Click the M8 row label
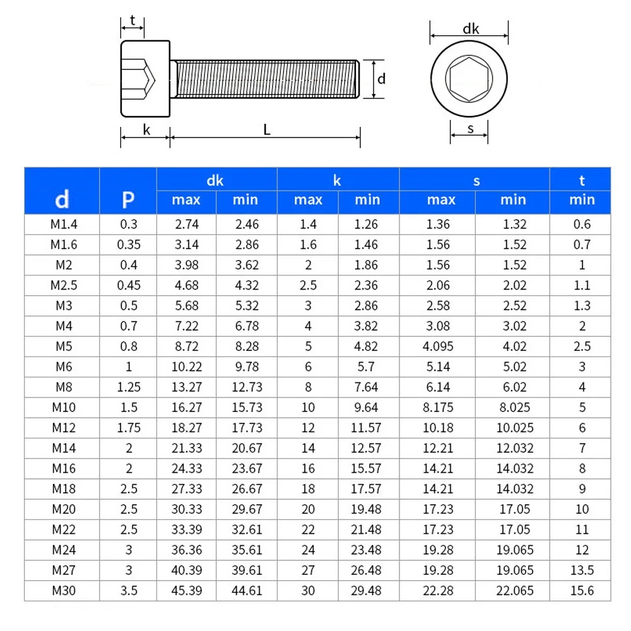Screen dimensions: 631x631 tap(62, 387)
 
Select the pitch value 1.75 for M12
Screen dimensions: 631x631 tap(128, 428)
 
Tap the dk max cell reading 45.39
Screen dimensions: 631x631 tap(186, 591)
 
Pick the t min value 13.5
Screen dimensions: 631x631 tap(582, 570)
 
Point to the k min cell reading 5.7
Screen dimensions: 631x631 tap(367, 367)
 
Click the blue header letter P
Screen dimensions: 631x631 tap(128, 200)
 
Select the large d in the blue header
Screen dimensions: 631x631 tap(62, 200)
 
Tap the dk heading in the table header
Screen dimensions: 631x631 tap(215, 180)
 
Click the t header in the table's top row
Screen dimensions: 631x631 tap(582, 180)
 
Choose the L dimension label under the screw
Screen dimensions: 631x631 tap(267, 130)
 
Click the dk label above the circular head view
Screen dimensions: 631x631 tap(471, 28)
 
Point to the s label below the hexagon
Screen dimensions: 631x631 tap(471, 129)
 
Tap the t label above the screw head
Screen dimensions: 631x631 tap(133, 20)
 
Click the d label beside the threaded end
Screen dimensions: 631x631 tap(381, 79)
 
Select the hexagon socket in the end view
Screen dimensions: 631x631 tap(469, 79)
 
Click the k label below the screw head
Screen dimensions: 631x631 tap(146, 130)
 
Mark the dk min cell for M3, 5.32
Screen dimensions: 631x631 tap(245, 305)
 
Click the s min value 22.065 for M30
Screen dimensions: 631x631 tap(512, 591)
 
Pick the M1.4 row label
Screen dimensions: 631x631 tap(62, 224)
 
